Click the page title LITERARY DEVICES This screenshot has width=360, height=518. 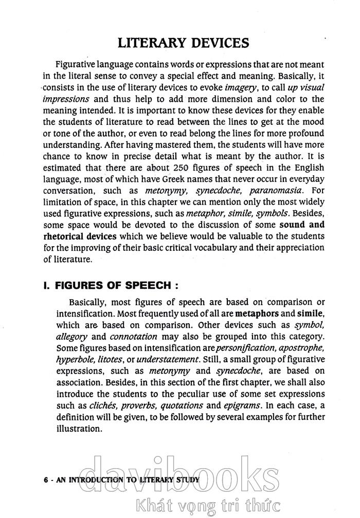184,42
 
